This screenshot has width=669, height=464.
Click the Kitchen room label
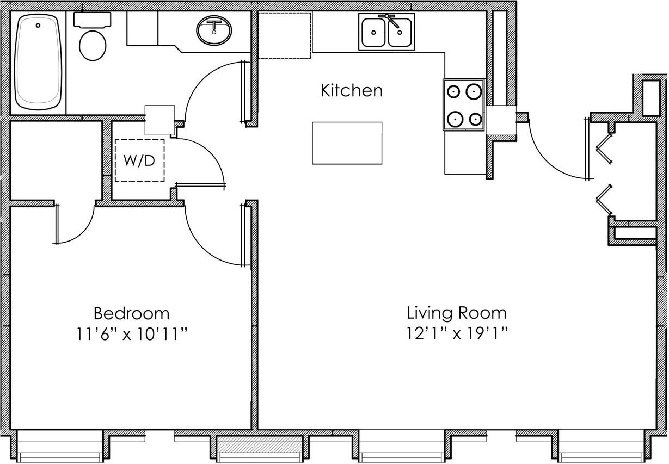point(352,90)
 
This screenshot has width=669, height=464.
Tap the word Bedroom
point(131,314)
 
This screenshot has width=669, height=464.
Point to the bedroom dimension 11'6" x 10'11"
point(132,334)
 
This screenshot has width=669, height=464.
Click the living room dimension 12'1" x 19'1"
point(457,334)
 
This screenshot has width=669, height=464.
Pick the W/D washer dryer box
point(139,160)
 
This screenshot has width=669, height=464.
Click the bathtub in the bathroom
point(38,62)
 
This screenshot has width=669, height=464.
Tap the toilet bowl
point(93,46)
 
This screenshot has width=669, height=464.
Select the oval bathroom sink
point(214,30)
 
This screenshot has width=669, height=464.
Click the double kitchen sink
point(386,32)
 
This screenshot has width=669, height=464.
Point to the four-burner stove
point(464,105)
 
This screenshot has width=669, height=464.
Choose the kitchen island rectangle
point(347,143)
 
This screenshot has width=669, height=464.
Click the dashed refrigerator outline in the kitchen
point(284,35)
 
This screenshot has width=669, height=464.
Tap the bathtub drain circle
point(38,26)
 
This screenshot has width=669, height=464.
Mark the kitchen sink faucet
point(389,20)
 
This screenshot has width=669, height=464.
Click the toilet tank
point(93,20)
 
